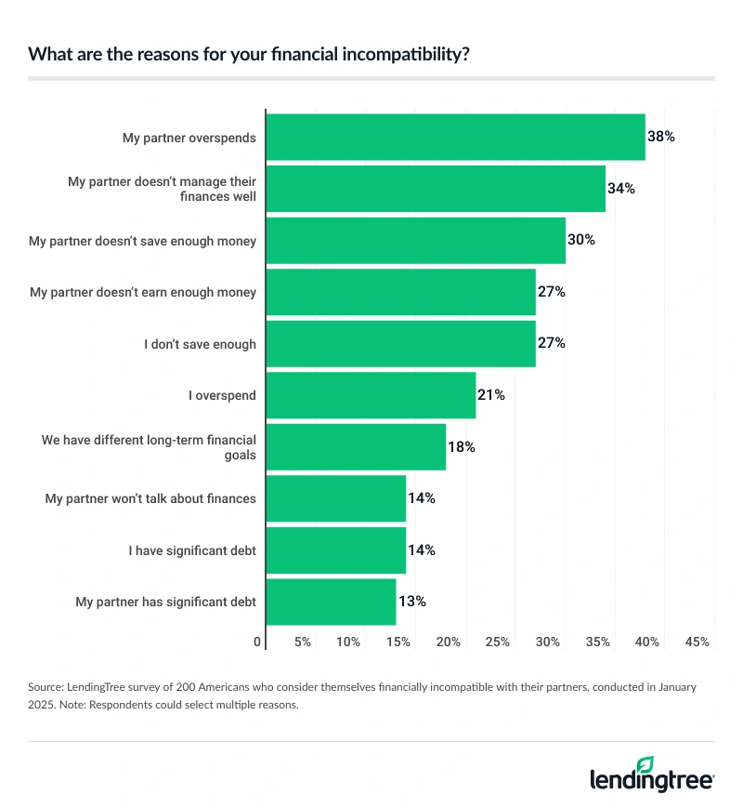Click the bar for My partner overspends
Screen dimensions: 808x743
pos(455,138)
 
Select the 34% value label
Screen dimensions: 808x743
pos(621,189)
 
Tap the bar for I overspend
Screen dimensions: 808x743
pos(371,395)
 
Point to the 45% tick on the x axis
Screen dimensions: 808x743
pos(697,642)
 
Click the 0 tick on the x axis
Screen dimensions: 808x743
pos(257,642)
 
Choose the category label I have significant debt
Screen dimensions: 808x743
pos(192,550)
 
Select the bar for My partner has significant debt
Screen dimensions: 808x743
pos(331,602)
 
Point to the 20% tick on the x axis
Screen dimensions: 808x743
pos(449,642)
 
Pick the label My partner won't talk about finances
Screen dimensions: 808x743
pos(150,498)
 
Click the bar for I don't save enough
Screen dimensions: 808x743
pos(400,344)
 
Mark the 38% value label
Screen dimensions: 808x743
pos(661,137)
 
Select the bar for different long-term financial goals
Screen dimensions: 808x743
pos(356,447)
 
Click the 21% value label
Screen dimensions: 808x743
pos(491,395)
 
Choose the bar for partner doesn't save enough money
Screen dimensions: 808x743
pos(415,241)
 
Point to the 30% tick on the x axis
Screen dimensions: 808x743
pos(548,642)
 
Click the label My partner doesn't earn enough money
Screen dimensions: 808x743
pos(143,292)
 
